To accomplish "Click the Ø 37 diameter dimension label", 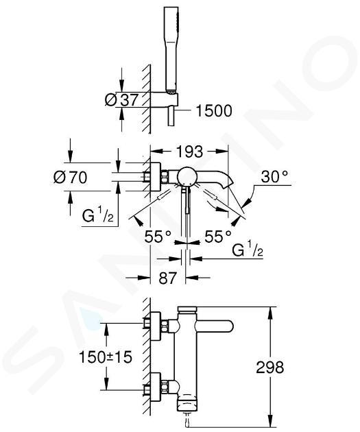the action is pos(121,99).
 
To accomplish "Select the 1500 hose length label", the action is pos(214,111).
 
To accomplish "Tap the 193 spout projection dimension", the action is pos(189,152).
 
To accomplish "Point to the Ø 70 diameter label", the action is pos(71,177).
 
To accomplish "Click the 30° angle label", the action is pos(274,176).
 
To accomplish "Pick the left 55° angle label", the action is pos(158,237).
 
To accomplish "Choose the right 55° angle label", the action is pos(218,237).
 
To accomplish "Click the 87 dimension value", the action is pos(167,278).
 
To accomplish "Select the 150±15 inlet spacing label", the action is pos(106,357).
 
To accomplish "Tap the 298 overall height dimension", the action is pos(270,368).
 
